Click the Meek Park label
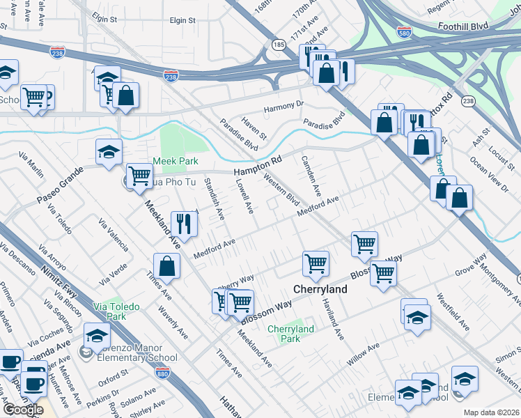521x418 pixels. [176, 161]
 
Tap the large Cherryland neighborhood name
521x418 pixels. [320, 288]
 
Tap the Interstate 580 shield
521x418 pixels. [405, 31]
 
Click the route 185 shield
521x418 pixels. [278, 45]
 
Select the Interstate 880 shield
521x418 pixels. [163, 374]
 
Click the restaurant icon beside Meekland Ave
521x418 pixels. [185, 223]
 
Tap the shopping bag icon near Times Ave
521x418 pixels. [167, 265]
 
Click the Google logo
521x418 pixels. [23, 410]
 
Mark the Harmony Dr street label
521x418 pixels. [283, 107]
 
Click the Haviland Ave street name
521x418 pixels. [333, 319]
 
